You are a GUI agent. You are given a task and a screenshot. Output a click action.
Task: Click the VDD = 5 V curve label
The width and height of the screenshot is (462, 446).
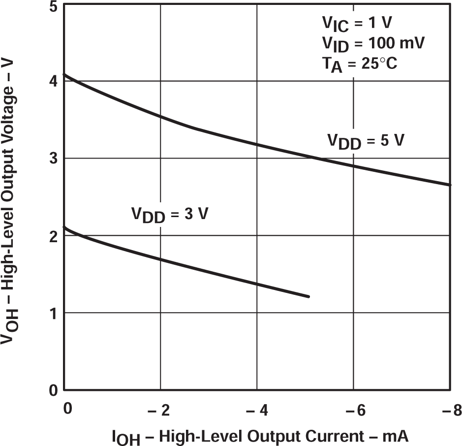click(x=366, y=141)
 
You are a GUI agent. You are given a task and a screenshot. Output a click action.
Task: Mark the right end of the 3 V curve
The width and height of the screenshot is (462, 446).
click(x=308, y=296)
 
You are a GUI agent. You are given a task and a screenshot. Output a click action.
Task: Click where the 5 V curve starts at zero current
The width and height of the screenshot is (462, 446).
click(x=65, y=74)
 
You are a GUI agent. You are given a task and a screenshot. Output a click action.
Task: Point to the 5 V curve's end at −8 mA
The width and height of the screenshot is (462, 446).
click(x=450, y=185)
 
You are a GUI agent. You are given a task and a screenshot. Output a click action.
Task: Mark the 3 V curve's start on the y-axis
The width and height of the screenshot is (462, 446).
click(x=65, y=227)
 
